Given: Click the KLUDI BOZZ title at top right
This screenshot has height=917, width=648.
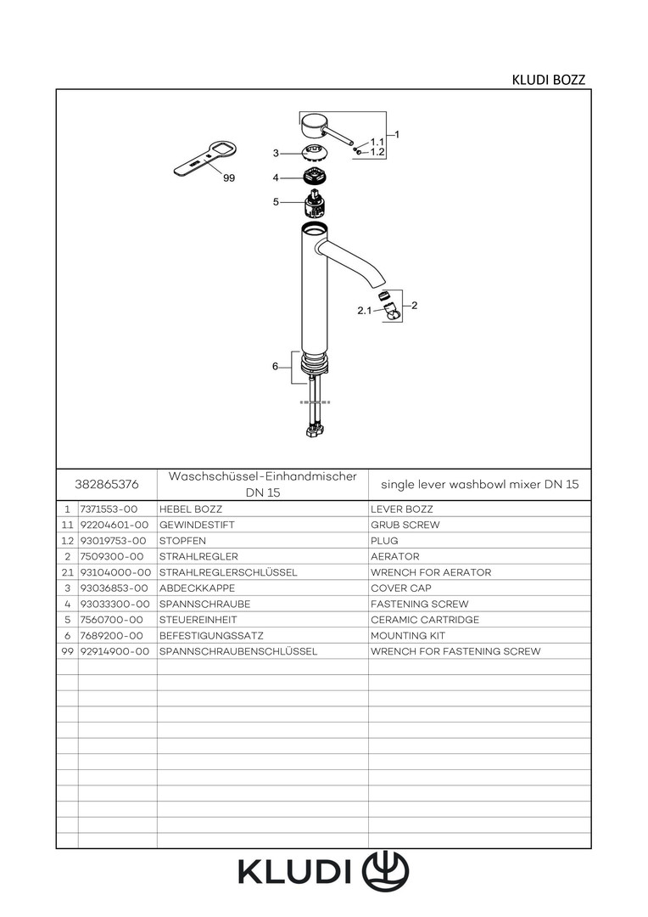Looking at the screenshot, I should point(548,80).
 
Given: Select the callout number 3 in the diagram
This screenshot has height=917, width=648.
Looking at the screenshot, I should point(276,154).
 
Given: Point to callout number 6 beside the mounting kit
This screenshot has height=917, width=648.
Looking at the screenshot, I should point(275,367).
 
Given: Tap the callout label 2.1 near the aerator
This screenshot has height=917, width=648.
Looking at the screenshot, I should point(365,312).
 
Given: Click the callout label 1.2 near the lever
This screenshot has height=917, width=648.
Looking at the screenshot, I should point(378,152).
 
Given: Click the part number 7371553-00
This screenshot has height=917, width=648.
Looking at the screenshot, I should point(108,509).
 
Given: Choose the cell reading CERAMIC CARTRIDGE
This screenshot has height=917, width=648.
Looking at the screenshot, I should point(425,620).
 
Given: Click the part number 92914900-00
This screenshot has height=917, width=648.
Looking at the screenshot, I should point(115,651).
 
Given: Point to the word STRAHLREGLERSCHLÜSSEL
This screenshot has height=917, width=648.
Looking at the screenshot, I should point(228,572).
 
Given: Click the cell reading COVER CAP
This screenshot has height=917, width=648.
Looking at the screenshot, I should point(400,588).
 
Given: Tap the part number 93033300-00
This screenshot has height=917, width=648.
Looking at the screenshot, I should point(115,604).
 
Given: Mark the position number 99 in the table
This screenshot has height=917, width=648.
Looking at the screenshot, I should point(67,651).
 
